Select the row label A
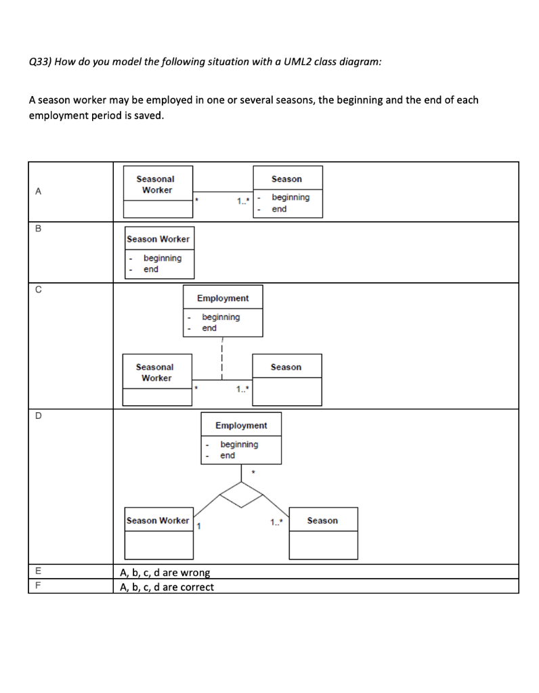click(x=38, y=192)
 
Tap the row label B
click(x=38, y=228)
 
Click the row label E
click(x=38, y=572)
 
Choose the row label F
click(x=38, y=586)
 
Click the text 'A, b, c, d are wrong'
click(x=165, y=573)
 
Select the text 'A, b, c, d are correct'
click(x=167, y=587)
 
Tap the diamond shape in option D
click(x=242, y=495)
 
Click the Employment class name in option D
click(x=241, y=426)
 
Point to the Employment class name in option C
click(x=223, y=298)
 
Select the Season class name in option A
click(x=286, y=179)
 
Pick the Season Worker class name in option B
click(x=158, y=240)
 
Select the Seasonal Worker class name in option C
click(x=155, y=372)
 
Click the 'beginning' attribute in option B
click(x=162, y=259)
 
